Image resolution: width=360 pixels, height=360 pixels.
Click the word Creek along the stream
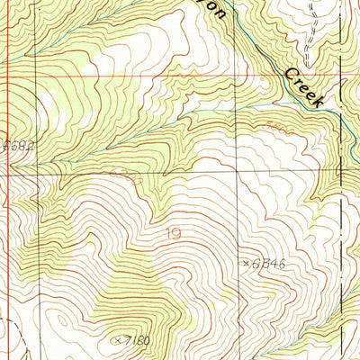(x=304, y=87)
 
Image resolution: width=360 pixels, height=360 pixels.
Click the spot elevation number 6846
(x=269, y=264)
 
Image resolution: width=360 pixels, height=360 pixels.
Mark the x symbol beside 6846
(x=246, y=263)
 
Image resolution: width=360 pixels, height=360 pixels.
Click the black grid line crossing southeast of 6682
(x=36, y=171)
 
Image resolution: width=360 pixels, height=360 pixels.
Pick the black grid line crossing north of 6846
(x=239, y=171)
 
